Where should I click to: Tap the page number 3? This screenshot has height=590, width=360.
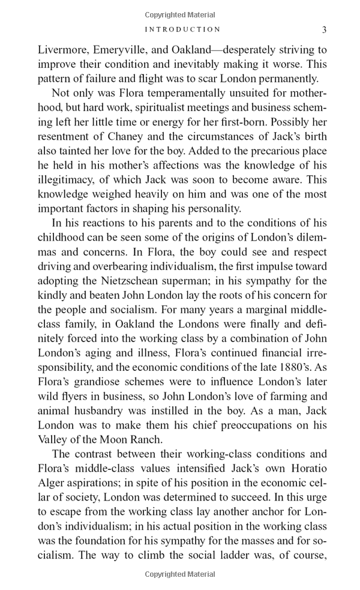[x=324, y=29]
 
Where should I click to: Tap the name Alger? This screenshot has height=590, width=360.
[x=52, y=483]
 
